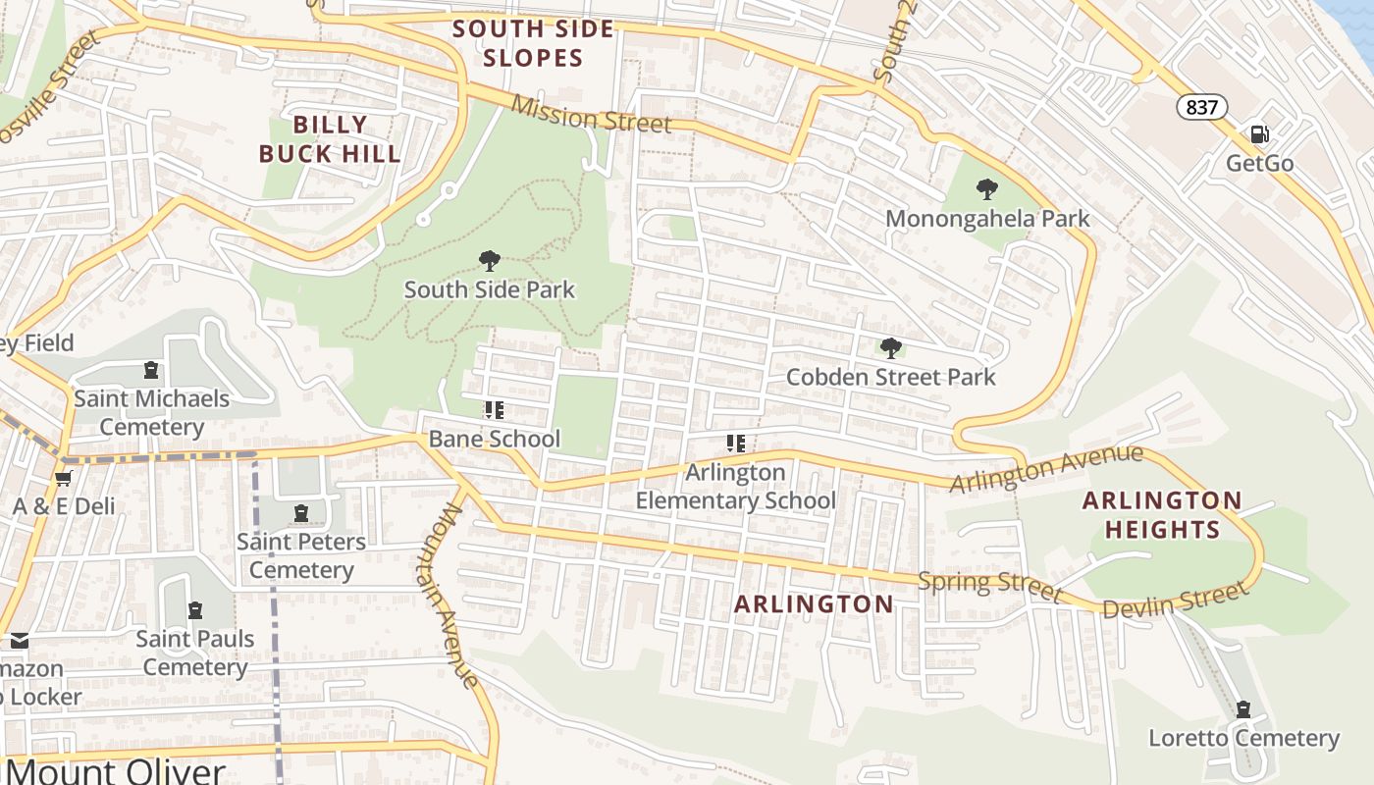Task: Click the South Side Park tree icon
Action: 489,261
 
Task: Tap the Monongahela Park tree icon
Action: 987,189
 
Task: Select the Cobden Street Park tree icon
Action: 890,348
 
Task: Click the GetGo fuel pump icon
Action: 1258,134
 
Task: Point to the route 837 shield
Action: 1201,107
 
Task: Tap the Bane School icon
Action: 494,410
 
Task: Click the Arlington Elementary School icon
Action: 736,444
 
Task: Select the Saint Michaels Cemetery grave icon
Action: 151,370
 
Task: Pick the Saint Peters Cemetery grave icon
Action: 300,512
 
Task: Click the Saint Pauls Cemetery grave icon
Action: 194,610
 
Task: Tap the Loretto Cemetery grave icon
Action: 1243,709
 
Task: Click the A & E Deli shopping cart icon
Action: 64,478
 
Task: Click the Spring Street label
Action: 989,585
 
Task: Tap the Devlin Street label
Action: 1175,601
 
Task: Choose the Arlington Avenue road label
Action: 1046,469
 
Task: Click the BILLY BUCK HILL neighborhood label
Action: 330,139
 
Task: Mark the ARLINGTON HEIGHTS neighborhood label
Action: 1162,515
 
